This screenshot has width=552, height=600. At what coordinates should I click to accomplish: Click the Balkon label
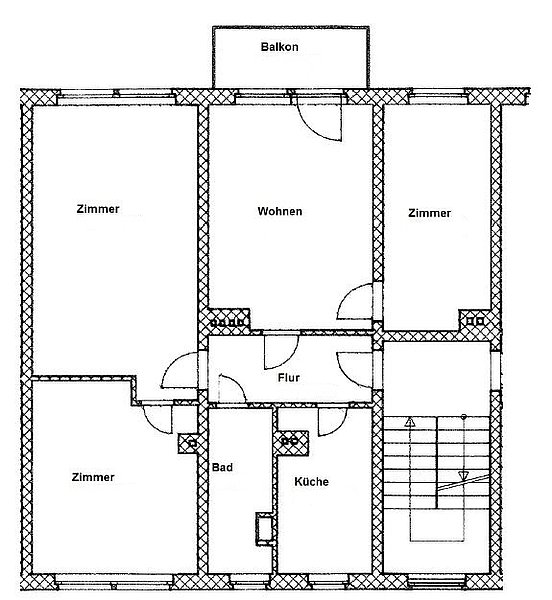279,47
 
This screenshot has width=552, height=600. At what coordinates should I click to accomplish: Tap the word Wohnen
280,211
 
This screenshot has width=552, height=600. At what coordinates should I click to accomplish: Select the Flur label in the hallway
289,378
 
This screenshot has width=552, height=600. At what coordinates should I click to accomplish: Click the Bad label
222,467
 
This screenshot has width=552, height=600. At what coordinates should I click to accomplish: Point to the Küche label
311,481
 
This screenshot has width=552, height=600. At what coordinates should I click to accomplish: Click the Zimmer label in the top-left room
98,209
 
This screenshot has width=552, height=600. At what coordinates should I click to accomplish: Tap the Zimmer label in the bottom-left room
93,477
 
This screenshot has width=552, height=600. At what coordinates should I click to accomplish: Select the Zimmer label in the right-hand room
430,213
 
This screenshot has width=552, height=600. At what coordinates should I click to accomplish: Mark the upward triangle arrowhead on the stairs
410,422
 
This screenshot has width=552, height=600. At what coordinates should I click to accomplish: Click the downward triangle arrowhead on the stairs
463,476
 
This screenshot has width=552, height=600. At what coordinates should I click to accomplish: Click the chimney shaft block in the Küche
292,443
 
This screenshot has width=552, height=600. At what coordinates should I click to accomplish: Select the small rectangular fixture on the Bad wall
264,528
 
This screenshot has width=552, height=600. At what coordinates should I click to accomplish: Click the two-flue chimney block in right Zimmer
475,321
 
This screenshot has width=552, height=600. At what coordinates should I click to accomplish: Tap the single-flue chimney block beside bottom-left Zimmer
189,444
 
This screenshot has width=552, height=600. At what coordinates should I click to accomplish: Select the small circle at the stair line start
464,416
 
